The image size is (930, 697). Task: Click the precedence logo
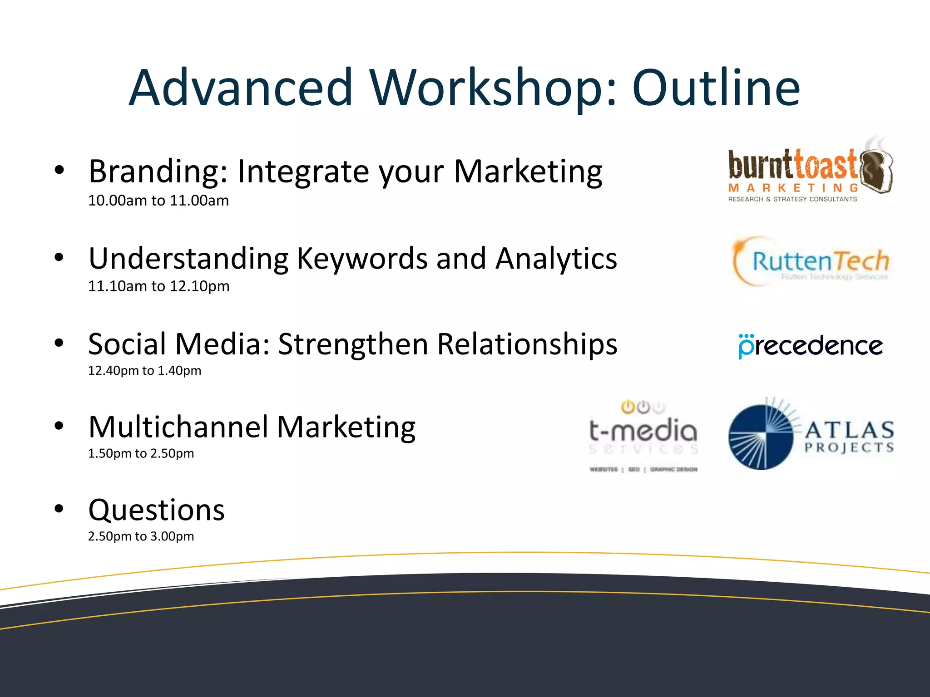811,346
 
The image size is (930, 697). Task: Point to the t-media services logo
643,436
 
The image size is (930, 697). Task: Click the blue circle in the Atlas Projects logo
761,437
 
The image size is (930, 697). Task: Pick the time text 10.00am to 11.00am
158,201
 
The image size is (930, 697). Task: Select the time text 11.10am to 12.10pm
158,286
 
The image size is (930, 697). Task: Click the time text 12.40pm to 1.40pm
144,371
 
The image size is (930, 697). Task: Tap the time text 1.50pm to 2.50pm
141,454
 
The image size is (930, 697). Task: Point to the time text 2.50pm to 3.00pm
141,536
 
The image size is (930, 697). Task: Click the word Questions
157,510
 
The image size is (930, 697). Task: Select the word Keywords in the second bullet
362,259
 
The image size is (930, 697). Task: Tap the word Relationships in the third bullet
527,344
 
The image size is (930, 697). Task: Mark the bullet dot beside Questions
59,509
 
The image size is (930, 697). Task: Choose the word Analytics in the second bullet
556,259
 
